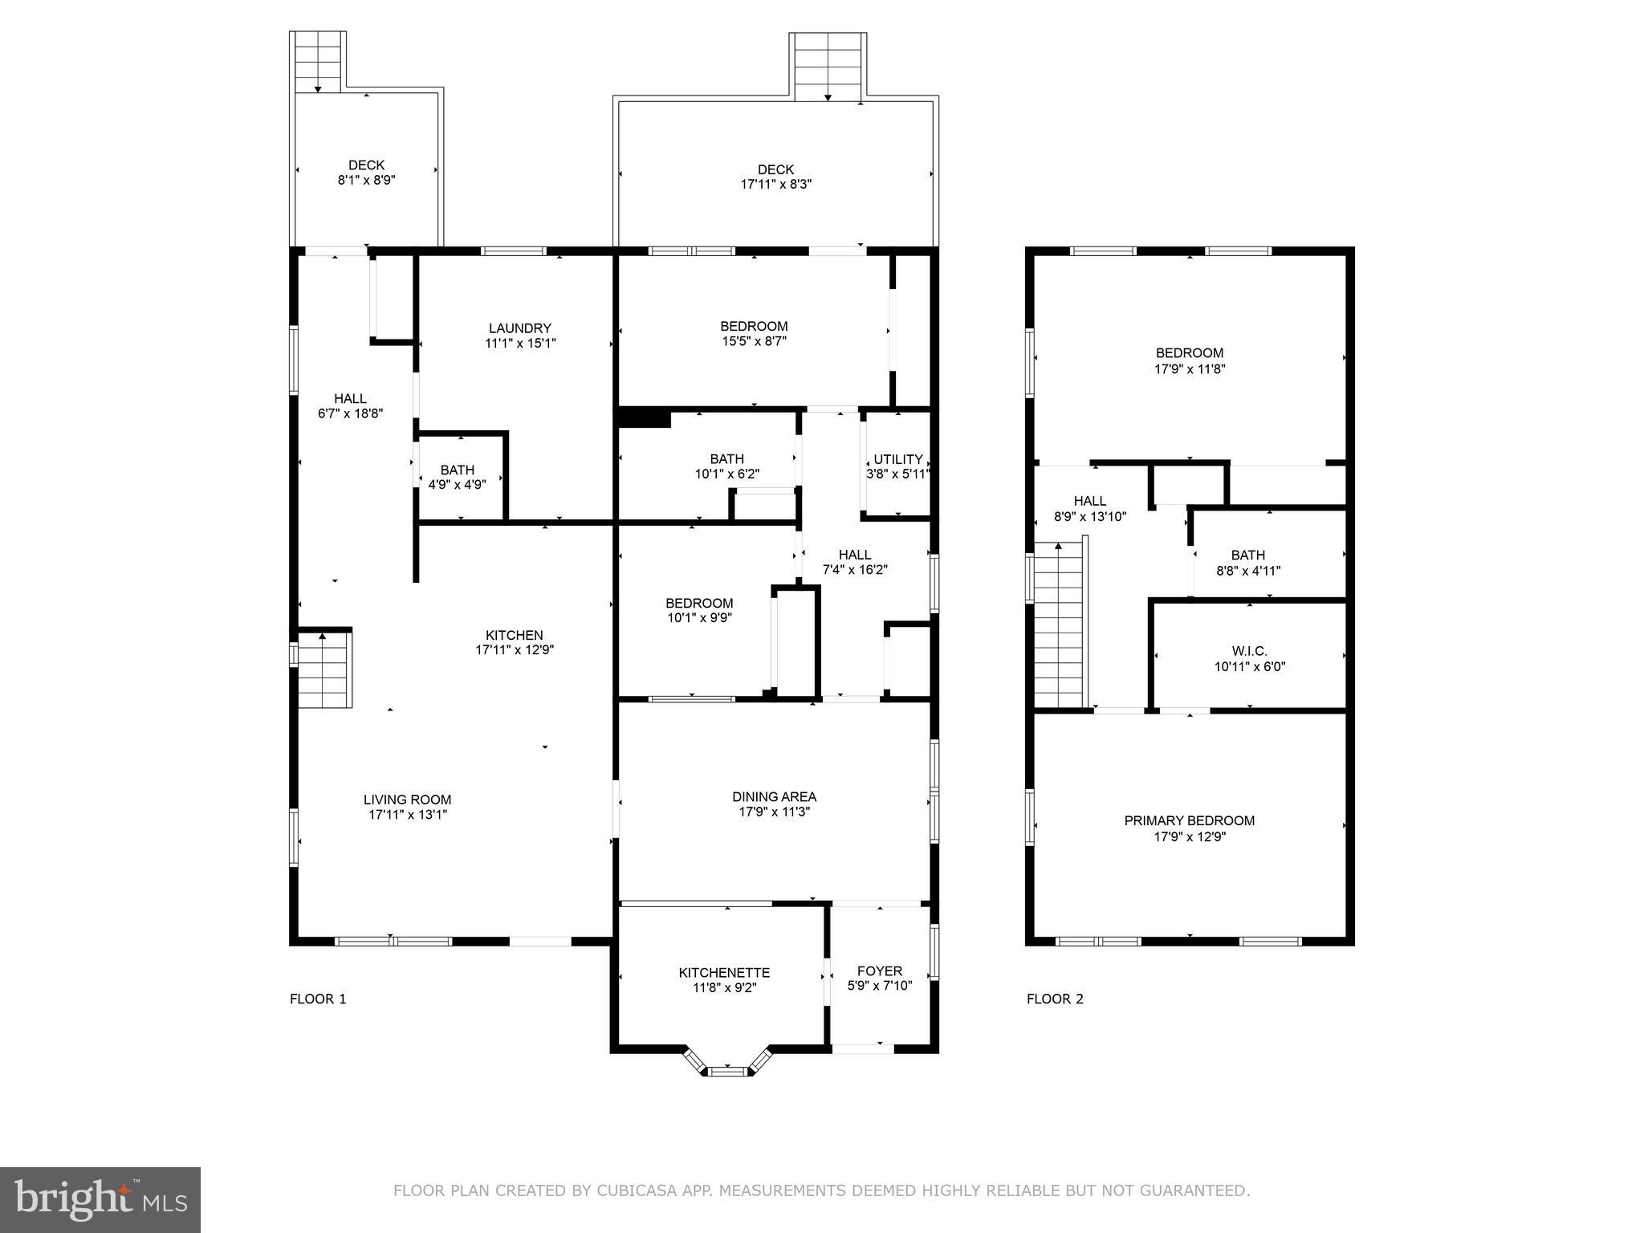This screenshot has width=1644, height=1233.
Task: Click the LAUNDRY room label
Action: (520, 328)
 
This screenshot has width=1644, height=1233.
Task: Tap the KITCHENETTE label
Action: (724, 972)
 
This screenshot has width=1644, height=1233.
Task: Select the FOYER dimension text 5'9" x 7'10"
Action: (880, 986)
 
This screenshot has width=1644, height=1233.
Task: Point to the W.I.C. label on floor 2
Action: (1249, 651)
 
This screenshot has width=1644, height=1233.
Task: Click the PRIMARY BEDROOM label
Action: (1189, 820)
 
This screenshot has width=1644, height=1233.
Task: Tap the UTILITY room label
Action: (897, 459)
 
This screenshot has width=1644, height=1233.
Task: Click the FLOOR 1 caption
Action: (318, 999)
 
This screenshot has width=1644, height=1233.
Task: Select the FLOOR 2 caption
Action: (1055, 999)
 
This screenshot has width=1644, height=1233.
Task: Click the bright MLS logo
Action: (100, 1200)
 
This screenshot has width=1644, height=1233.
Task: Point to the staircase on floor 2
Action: (1059, 626)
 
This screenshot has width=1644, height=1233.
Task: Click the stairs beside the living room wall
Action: (325, 670)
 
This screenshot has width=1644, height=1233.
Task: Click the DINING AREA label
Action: (774, 796)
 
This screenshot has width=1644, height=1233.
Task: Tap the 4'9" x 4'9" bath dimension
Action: (457, 485)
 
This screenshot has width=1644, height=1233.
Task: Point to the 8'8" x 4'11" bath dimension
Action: (1247, 571)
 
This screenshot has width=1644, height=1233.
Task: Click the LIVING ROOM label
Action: (407, 800)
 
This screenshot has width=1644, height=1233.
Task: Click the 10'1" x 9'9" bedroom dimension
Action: (698, 618)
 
